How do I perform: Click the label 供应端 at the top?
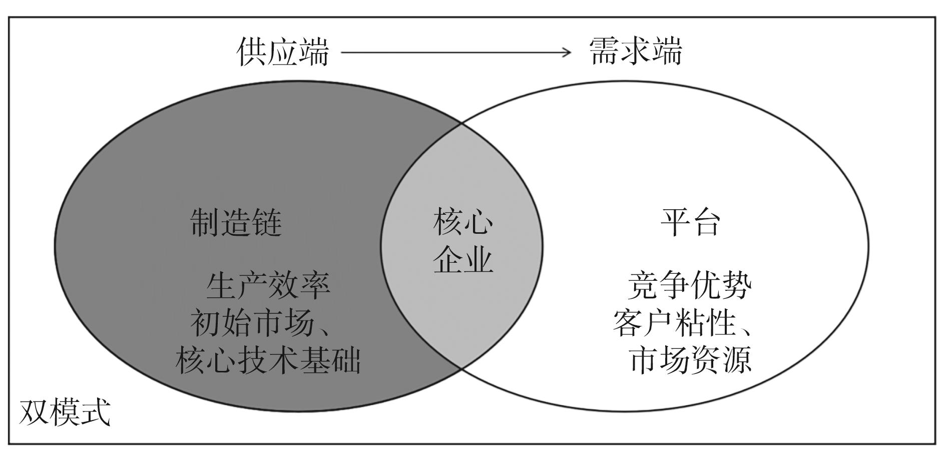pos(283,52)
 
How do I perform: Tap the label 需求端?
pos(636,52)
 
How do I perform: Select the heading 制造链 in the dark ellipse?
pos(236,222)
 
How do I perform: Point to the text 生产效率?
pos(268,286)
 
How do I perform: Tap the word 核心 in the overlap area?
pos(463,222)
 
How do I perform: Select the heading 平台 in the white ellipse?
pos(691,222)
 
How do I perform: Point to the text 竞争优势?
pos(690,286)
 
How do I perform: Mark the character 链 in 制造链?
pos(267,222)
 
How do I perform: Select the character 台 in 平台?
pos(706,222)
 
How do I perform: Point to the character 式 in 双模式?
pos(95,413)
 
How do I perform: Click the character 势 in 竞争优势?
pos(736,286)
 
